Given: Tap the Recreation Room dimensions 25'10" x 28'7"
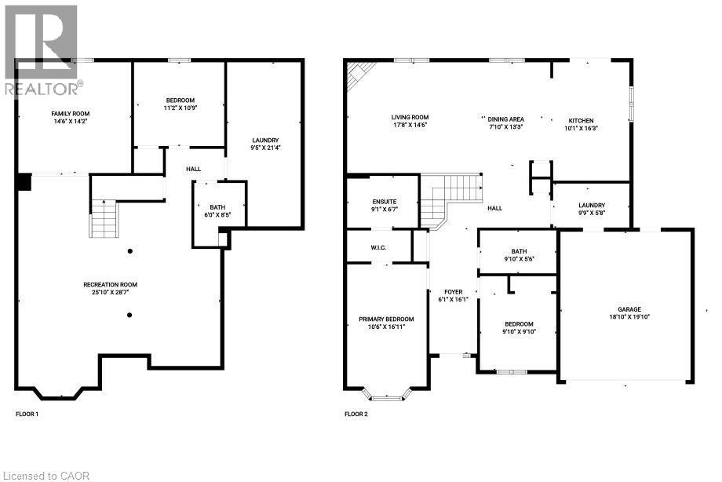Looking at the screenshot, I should click(x=116, y=292).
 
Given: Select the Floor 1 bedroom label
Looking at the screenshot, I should click(x=180, y=99).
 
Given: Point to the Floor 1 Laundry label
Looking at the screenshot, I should click(x=265, y=140).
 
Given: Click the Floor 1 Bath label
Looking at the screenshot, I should click(x=217, y=207).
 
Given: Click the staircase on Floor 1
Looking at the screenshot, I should click(x=104, y=218).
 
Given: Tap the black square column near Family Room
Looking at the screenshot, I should click(x=24, y=181).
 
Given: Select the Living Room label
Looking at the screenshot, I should click(x=410, y=118).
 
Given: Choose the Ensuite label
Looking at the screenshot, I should click(x=385, y=202).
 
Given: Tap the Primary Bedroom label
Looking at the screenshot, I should click(x=386, y=319).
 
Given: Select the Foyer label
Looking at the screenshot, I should click(x=453, y=292).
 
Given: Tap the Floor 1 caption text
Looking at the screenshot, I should click(x=27, y=414).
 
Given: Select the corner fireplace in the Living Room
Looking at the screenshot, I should click(x=358, y=75).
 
